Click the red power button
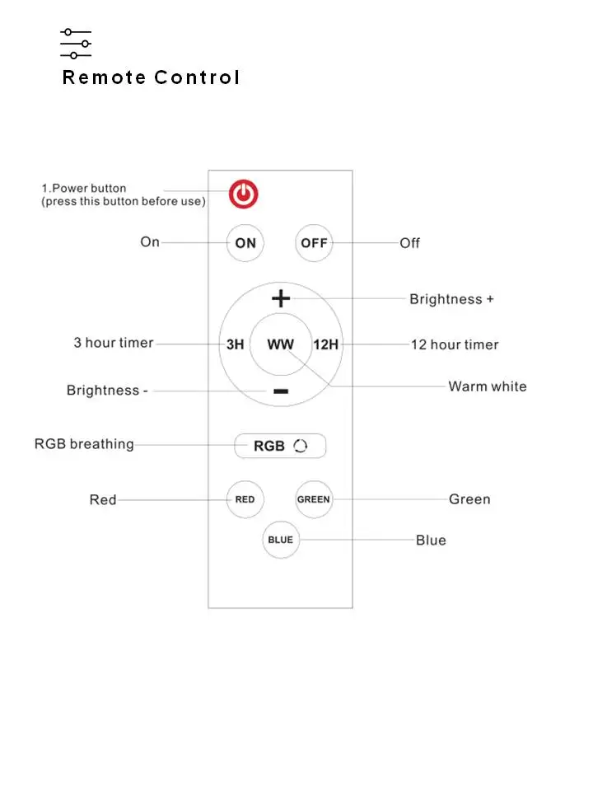point(243,194)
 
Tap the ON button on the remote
point(245,243)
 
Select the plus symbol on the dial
point(281,297)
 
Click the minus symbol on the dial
point(281,391)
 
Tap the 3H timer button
point(235,344)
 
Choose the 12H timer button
point(326,344)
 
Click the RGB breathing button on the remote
point(280,446)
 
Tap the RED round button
point(245,499)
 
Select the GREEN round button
point(314,499)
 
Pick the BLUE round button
point(280,541)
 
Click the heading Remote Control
point(152,78)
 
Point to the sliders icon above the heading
point(75,44)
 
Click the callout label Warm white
point(487,386)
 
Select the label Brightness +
point(451,299)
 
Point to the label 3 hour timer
point(114,343)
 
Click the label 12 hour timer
point(455,344)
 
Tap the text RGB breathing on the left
point(84,444)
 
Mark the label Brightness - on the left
point(107,391)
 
